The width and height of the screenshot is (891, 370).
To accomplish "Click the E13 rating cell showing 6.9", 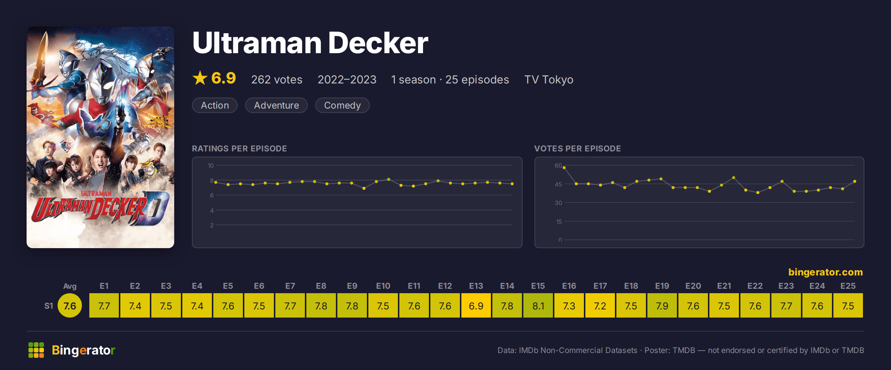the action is [476, 305].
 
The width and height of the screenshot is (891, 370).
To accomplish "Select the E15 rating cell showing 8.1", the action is [538, 305].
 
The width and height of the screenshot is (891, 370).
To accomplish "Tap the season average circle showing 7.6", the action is [70, 305].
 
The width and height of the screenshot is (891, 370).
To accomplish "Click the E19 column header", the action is [662, 286].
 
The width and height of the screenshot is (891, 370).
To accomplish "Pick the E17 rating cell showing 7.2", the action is [600, 305].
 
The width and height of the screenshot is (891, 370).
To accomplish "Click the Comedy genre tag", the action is [342, 105].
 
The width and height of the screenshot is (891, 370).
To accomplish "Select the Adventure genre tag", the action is [276, 105].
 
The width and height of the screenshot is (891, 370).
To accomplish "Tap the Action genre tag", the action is [215, 105].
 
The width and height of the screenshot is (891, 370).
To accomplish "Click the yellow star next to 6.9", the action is [200, 78].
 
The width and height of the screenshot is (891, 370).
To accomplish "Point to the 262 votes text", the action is [277, 79].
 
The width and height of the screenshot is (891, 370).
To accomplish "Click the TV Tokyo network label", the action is [549, 79].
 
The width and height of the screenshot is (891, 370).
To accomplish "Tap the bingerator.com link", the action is [826, 272].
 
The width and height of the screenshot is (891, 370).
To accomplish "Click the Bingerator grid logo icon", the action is [36, 350].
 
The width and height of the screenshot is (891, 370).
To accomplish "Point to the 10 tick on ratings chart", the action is [211, 165].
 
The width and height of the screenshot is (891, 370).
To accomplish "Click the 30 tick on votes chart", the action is [558, 203].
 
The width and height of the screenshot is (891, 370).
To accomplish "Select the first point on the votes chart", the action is [564, 168].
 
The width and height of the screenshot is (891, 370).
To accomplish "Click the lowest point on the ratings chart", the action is [364, 188].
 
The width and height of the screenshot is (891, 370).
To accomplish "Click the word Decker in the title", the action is [378, 43].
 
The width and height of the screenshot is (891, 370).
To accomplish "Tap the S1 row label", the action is [49, 306].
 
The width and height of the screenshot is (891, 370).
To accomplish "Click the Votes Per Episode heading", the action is [578, 148].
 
